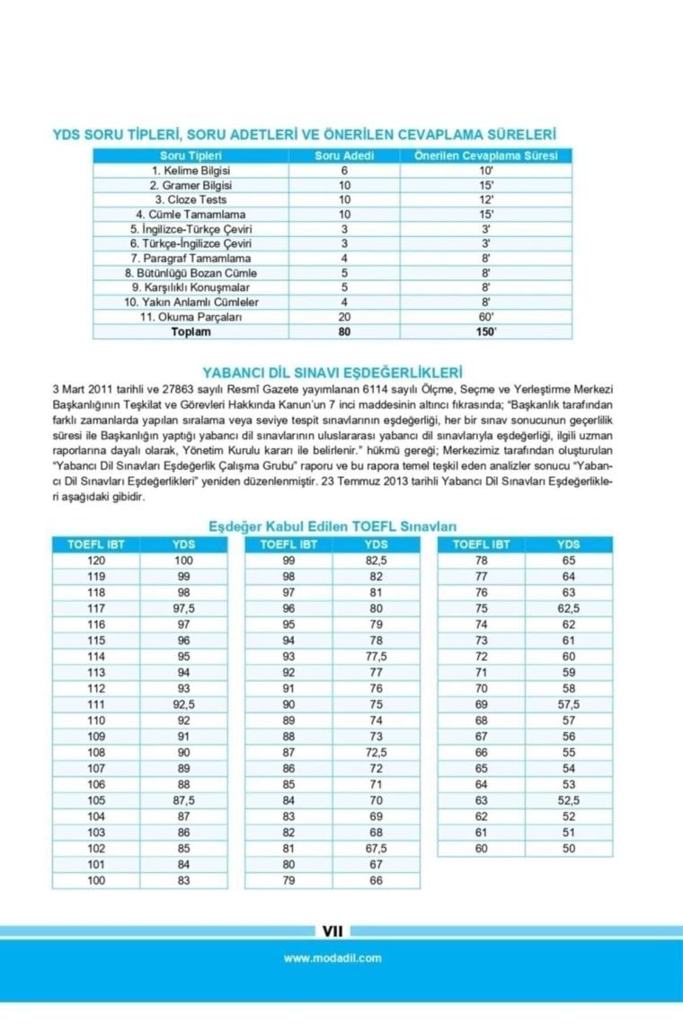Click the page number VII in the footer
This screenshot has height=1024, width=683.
coord(333,931)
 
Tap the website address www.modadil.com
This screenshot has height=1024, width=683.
coord(333,958)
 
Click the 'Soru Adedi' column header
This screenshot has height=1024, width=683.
coord(343,155)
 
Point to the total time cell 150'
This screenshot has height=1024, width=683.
coord(486,331)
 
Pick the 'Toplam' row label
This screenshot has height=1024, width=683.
coord(191,331)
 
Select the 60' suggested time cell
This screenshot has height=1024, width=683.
coord(486,317)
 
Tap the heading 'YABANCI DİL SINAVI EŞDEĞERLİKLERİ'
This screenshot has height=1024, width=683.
coord(333,370)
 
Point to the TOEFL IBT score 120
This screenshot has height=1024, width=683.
coord(96,560)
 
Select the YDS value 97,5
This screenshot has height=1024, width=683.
coord(183,608)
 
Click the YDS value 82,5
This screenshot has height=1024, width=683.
coord(376,560)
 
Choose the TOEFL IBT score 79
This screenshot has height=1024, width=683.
coord(288,880)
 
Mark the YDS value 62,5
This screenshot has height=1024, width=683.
coord(568,608)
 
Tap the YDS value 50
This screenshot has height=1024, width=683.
coord(568,848)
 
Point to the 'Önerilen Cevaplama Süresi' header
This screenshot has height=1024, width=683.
coord(486,155)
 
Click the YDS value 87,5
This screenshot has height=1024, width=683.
coord(183,799)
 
